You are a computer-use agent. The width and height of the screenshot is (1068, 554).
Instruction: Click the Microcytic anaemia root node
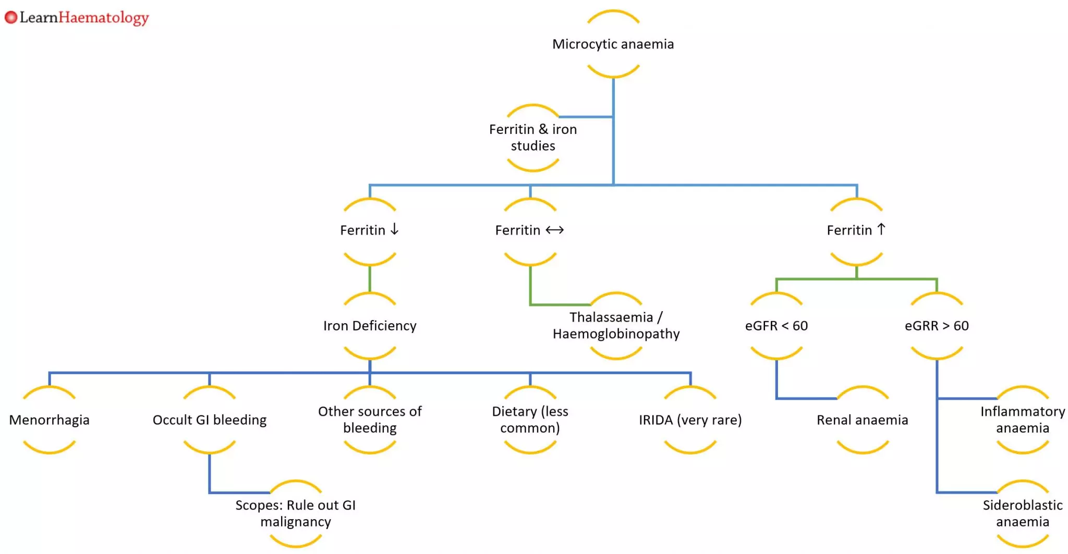[613, 44]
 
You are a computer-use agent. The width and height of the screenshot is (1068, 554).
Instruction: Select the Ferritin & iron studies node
[532, 138]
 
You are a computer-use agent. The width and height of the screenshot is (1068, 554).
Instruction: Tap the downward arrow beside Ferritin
[395, 229]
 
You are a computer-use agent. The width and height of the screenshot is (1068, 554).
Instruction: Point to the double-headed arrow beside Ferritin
[554, 230]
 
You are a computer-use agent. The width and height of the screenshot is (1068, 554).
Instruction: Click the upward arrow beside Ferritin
[881, 229]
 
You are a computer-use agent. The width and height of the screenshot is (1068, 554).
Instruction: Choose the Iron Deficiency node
[370, 326]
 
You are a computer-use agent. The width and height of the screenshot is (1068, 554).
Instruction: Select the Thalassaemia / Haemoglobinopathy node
[616, 326]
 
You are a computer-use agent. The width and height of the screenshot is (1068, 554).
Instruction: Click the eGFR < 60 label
[776, 326]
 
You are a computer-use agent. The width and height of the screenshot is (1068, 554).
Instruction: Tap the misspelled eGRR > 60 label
[937, 326]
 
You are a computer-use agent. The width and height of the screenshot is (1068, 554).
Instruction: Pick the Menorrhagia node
[50, 420]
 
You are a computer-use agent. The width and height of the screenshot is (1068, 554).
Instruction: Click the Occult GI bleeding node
[209, 420]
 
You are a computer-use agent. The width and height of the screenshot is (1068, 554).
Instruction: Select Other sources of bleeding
[370, 420]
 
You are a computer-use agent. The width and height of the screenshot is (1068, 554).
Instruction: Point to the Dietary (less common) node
[530, 420]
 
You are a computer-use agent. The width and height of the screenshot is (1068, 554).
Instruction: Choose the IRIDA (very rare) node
[690, 420]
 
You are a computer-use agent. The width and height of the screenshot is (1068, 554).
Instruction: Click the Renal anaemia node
[862, 420]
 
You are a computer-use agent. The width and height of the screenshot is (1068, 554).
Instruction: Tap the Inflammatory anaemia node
[1022, 420]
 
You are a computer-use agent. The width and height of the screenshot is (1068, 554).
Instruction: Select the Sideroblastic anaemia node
[1022, 513]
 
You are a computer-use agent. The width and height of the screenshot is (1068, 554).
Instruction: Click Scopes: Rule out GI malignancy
[295, 513]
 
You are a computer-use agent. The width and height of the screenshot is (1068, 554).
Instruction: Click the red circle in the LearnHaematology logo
[11, 18]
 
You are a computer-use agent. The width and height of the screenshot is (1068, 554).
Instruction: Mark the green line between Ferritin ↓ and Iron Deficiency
[370, 279]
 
